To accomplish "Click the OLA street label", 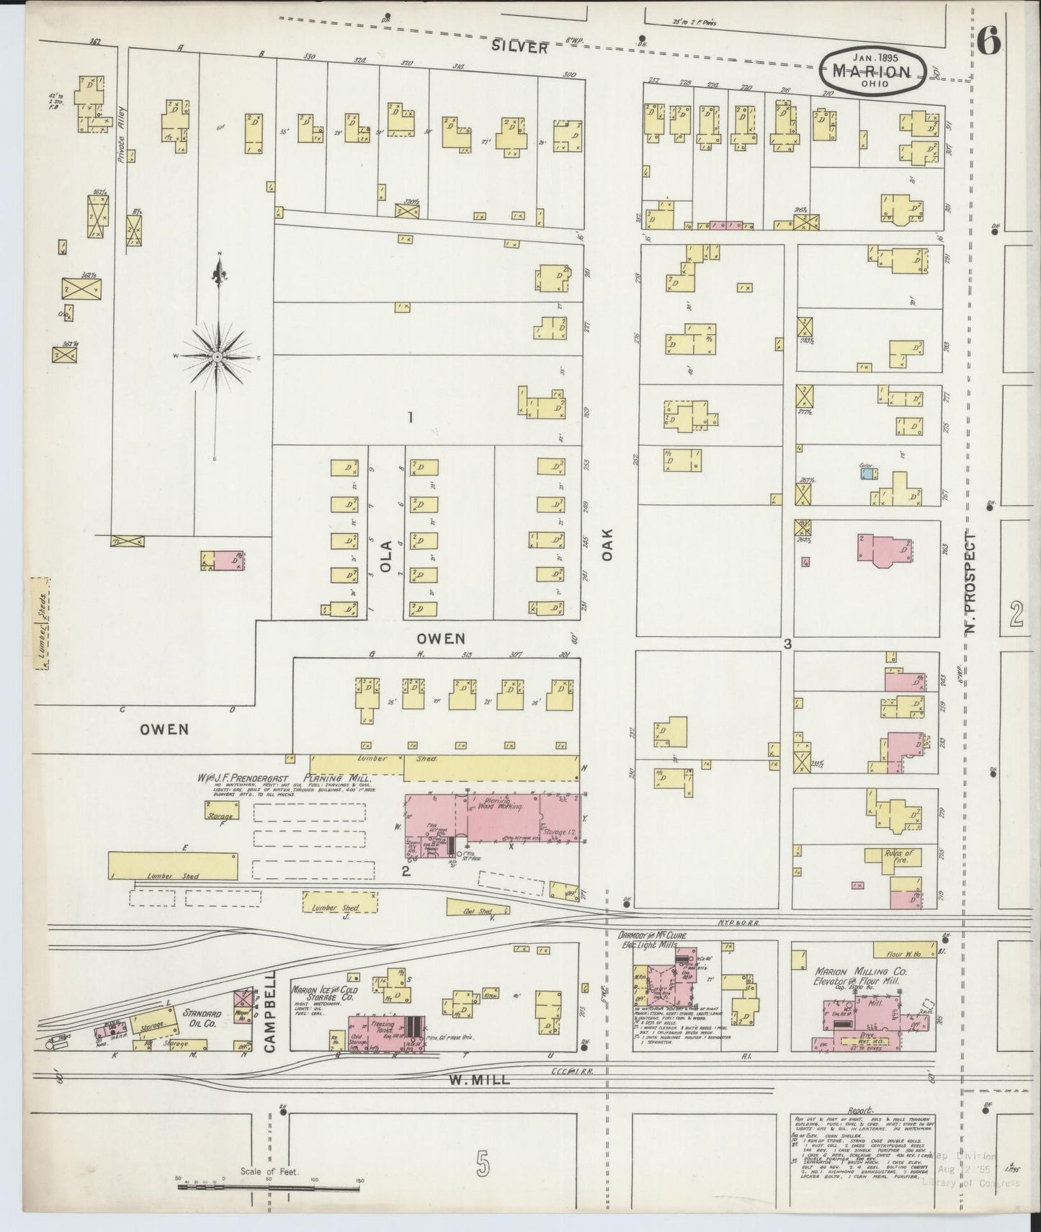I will click(x=386, y=555).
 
